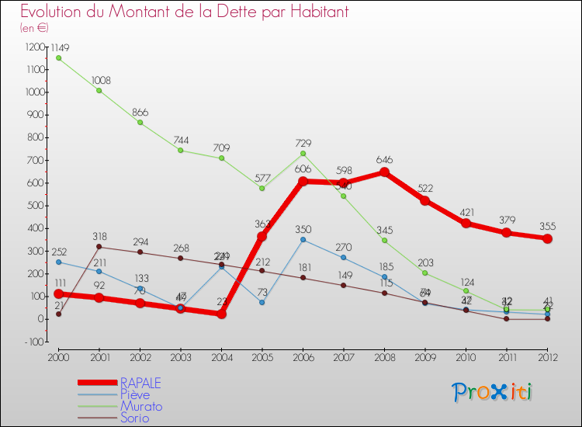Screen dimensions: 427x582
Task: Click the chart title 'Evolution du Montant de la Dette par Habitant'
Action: tap(184, 12)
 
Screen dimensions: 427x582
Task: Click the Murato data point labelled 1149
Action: tap(58, 57)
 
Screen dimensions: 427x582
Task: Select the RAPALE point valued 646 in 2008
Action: tap(384, 172)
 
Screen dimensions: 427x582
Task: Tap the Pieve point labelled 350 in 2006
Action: tap(303, 239)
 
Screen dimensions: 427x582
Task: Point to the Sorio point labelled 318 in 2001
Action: tap(99, 247)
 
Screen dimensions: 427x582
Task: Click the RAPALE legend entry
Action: tap(140, 383)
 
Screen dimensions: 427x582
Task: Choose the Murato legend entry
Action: tap(140, 406)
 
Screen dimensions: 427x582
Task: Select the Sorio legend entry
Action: tap(134, 418)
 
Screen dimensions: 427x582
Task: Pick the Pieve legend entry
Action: tap(134, 394)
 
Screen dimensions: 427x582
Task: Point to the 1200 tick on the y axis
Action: tap(36, 47)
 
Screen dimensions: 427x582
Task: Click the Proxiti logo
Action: tap(492, 392)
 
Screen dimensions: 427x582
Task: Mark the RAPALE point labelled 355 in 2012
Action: tap(547, 238)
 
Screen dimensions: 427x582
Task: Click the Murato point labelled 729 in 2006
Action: tap(303, 153)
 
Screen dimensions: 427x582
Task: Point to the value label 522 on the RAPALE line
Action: tap(425, 189)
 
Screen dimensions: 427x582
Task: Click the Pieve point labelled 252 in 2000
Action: tap(58, 262)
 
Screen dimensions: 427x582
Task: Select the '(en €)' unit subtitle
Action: tap(34, 28)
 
